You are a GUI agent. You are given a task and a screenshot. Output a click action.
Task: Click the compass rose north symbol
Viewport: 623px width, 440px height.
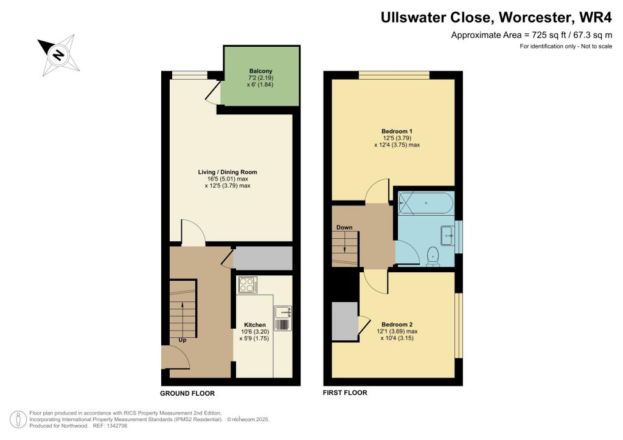coord(58,55)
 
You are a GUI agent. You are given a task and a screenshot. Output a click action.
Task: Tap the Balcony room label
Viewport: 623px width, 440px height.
coord(260,71)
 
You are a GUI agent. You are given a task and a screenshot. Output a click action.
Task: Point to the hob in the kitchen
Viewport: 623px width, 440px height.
coord(248,285)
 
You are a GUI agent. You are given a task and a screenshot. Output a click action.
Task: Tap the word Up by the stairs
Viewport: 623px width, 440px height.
coord(182,340)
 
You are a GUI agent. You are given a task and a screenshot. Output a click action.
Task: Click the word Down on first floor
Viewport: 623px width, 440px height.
coord(344,228)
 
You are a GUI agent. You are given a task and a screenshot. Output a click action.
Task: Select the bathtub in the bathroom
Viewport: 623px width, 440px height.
coord(425,202)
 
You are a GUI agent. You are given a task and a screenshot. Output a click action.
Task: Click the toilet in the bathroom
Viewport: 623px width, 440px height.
coord(434,255)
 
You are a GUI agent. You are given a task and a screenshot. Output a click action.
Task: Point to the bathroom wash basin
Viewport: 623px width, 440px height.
coord(450,235)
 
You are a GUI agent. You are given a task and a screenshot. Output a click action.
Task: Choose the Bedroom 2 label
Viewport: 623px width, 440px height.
coord(397,324)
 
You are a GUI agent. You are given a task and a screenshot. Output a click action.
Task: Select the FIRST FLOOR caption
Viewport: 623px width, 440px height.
coord(345,393)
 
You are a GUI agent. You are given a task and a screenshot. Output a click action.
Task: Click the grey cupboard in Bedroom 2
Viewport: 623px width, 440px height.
coord(345,320)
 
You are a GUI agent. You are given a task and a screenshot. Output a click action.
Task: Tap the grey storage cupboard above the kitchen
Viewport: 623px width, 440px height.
coord(263,259)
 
